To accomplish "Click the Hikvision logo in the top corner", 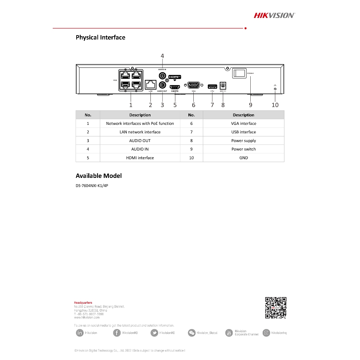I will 274,15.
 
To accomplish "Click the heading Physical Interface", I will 100,37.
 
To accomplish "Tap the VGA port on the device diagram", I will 193,85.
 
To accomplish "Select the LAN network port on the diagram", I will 150,84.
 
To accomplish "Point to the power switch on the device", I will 239,73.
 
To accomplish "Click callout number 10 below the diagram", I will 275,105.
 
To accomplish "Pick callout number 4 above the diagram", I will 162,56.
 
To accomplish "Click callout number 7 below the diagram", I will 212,105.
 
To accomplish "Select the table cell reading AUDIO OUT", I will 140,141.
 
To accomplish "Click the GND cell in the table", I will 244,158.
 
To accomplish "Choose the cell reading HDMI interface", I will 140,158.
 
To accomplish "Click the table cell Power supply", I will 244,141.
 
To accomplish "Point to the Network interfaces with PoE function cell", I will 140,123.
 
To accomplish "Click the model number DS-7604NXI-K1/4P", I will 92,186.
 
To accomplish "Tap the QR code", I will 276,308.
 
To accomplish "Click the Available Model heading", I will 99,176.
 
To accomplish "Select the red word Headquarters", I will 83,302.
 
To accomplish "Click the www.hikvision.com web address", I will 87,317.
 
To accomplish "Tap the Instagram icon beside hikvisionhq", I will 267,333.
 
